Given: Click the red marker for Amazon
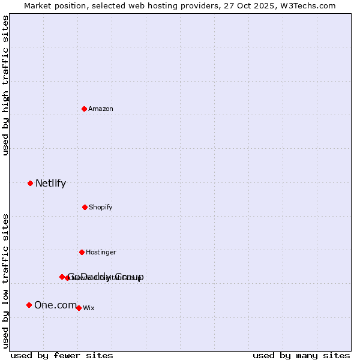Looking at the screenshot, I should click(84, 109).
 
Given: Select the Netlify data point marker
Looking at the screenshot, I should click(30, 183).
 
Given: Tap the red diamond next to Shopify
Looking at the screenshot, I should click(85, 207).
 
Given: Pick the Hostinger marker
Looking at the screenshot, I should click(82, 252).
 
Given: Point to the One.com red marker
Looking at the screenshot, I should click(29, 305).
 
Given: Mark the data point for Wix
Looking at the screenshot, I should click(79, 308).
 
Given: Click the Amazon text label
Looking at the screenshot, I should click(101, 109).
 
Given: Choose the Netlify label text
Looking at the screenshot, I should click(50, 183).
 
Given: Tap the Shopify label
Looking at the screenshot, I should click(101, 207).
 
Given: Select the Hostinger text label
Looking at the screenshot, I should click(101, 252).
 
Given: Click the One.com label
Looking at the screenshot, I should click(55, 305).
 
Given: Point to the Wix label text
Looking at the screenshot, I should click(89, 308).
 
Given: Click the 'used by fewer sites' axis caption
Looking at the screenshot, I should click(62, 355).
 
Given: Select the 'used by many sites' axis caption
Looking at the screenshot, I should click(301, 355).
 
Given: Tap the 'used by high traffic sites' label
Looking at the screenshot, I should click(5, 85).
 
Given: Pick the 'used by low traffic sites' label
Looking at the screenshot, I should click(5, 281).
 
